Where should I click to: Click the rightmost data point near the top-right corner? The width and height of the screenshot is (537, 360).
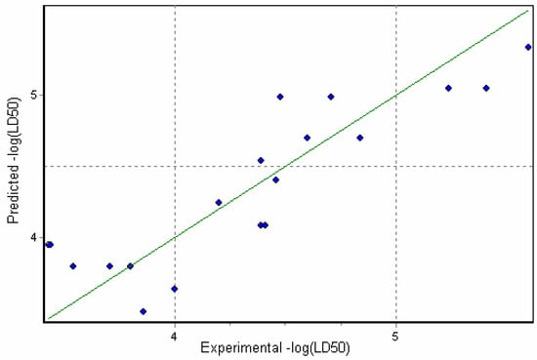click(x=528, y=47)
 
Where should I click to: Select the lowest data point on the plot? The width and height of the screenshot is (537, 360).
click(x=144, y=311)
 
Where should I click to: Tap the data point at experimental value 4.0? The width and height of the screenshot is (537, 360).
click(x=174, y=289)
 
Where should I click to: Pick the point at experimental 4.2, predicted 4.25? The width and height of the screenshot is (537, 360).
click(x=219, y=203)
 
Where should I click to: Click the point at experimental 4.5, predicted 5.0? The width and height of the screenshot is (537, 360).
click(x=280, y=97)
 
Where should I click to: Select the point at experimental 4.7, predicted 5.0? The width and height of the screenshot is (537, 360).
click(x=331, y=97)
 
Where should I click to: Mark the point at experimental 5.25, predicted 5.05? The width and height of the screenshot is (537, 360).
click(x=448, y=88)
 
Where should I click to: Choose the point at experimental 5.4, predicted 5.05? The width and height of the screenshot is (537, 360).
click(x=486, y=88)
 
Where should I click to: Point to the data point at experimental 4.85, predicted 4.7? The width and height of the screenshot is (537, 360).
click(x=360, y=138)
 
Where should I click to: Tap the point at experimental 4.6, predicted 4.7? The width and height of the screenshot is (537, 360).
click(x=307, y=138)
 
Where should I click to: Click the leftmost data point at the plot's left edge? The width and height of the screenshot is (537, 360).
click(x=49, y=244)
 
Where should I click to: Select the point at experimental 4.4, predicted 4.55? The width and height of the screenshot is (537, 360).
click(x=261, y=160)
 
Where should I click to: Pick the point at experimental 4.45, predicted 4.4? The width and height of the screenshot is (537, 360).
click(x=275, y=180)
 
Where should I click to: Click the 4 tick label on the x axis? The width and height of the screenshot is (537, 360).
click(x=174, y=337)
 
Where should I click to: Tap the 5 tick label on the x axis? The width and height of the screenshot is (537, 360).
click(x=395, y=337)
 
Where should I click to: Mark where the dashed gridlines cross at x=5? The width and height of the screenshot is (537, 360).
click(x=395, y=166)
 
